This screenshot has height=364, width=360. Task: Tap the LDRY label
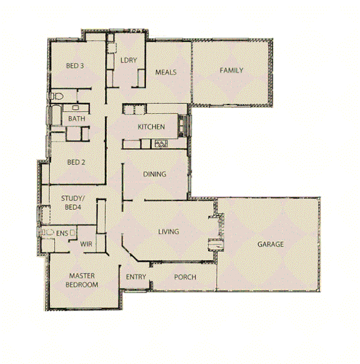click(x=128, y=60)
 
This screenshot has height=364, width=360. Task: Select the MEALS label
click(x=166, y=72)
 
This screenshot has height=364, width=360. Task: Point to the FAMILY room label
click(x=232, y=70)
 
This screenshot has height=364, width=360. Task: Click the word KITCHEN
click(x=151, y=127)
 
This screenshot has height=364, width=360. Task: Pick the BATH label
click(x=77, y=118)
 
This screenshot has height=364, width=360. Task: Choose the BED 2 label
click(x=76, y=163)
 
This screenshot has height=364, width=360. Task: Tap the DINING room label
click(x=155, y=174)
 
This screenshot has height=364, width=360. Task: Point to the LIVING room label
click(x=168, y=231)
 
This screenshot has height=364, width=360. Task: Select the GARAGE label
click(x=270, y=244)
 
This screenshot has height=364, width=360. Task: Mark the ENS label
click(x=61, y=234)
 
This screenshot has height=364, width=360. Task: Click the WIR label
click(x=87, y=244)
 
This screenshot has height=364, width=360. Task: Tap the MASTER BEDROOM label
click(x=82, y=281)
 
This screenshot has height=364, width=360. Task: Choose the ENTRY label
click(x=136, y=277)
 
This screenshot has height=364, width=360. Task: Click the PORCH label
click(x=185, y=277)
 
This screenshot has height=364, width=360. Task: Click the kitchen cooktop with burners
click(x=162, y=144)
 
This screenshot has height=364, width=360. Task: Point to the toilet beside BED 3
click(x=57, y=96)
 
